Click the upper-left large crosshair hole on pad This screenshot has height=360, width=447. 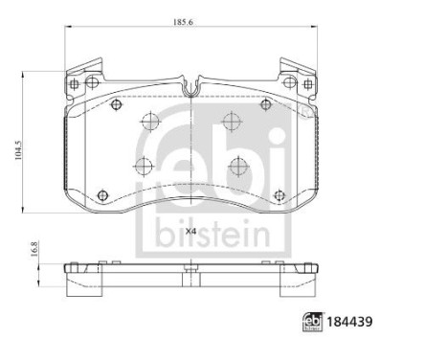coord(149,122)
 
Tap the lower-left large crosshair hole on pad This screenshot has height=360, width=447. coord(144,167)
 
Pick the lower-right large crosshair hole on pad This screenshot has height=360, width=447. coord(237,166)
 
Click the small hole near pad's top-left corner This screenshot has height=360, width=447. coord(113,105)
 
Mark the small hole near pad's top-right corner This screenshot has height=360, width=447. coord(269,105)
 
